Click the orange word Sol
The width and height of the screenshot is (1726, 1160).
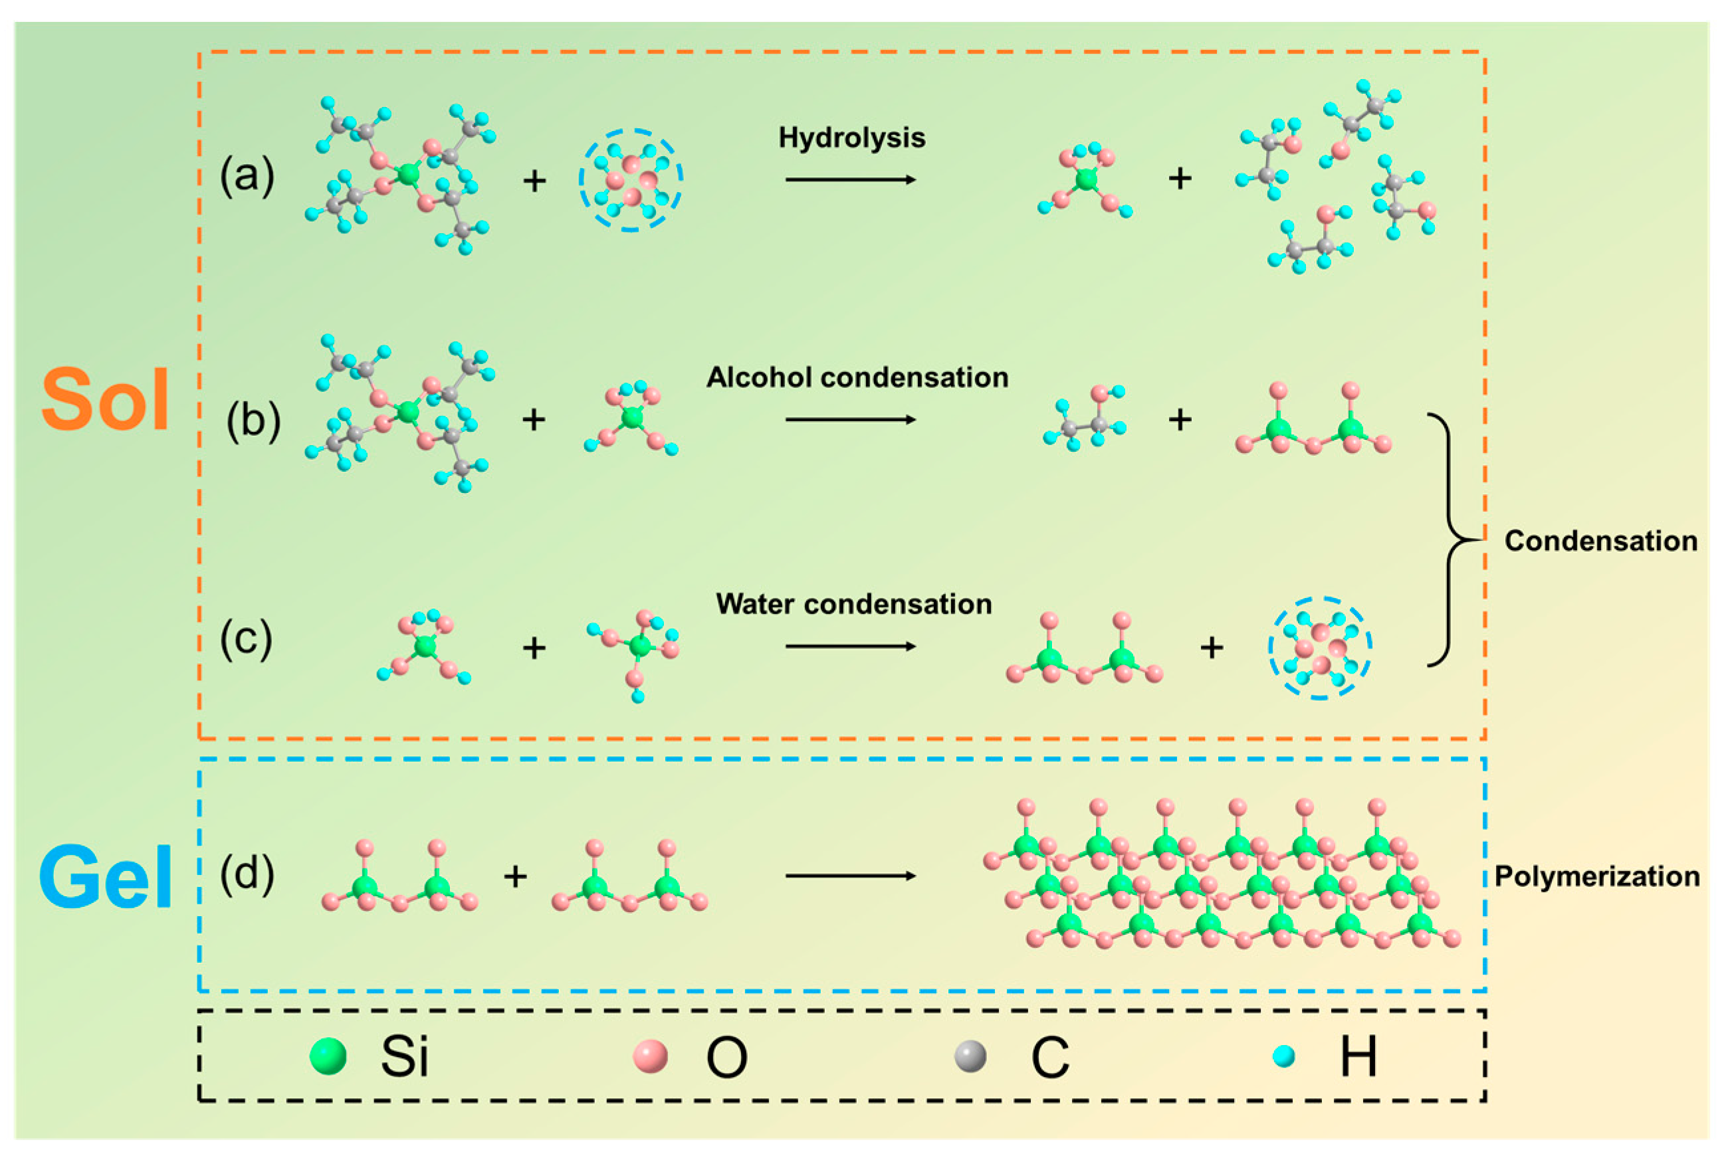[105, 399]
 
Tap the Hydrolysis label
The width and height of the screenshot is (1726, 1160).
[851, 138]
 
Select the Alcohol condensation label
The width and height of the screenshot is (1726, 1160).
[857, 377]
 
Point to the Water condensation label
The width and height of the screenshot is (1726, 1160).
[853, 605]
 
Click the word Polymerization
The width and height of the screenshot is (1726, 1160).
[1596, 877]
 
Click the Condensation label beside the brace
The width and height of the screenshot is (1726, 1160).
[1601, 541]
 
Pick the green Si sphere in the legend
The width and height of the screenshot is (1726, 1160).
[328, 1056]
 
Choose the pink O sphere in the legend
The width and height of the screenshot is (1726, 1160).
[651, 1056]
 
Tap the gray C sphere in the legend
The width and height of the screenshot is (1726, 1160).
[970, 1056]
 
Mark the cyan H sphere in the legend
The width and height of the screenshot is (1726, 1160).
[1284, 1056]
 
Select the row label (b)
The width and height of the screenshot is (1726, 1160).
[253, 420]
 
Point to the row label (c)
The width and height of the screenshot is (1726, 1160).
[247, 638]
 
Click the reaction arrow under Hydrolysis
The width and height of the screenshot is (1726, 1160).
[851, 180]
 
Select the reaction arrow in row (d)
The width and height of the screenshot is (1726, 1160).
[851, 876]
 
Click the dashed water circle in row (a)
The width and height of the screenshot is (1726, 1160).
[631, 180]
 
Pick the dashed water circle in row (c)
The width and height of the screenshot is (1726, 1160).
[1320, 648]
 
